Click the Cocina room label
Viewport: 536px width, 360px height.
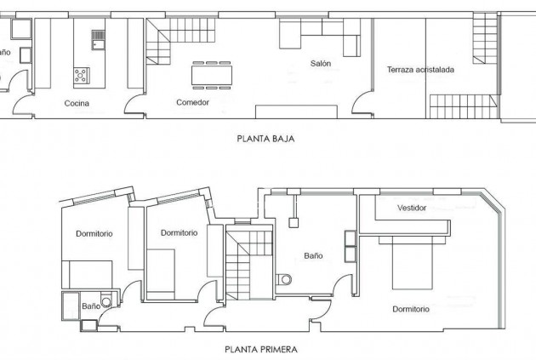(77, 104)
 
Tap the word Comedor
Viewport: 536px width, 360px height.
(193, 103)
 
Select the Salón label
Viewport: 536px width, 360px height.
(320, 64)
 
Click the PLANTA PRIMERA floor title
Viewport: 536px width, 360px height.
(261, 348)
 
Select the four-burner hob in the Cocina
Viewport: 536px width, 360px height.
(83, 75)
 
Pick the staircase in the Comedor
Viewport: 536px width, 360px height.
(161, 43)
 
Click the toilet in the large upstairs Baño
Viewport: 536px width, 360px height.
(284, 277)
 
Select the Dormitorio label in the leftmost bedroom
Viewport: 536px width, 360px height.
(95, 234)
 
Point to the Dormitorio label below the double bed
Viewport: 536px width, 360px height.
(411, 308)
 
